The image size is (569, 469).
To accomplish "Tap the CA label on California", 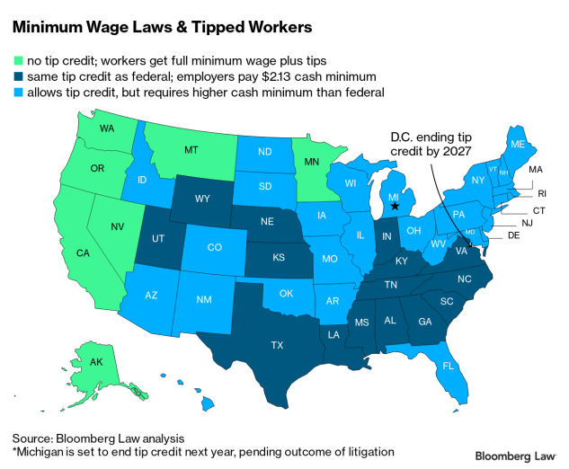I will (x=83, y=252).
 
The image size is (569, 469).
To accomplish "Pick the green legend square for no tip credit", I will (x=18, y=61).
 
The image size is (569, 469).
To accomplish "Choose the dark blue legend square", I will (x=18, y=77).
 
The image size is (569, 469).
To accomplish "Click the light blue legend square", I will (x=18, y=93).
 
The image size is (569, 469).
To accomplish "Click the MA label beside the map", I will (x=535, y=170).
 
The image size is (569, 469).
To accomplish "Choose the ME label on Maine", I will (x=518, y=144).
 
